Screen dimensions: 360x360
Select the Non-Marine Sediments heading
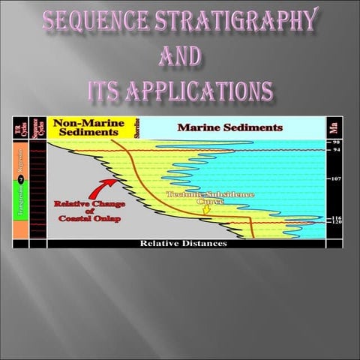(x=89, y=128)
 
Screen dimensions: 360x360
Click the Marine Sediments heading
(x=229, y=127)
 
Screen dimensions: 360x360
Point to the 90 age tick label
(x=337, y=142)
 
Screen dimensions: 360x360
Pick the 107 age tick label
(x=337, y=180)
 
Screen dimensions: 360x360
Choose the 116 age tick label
(x=337, y=218)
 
